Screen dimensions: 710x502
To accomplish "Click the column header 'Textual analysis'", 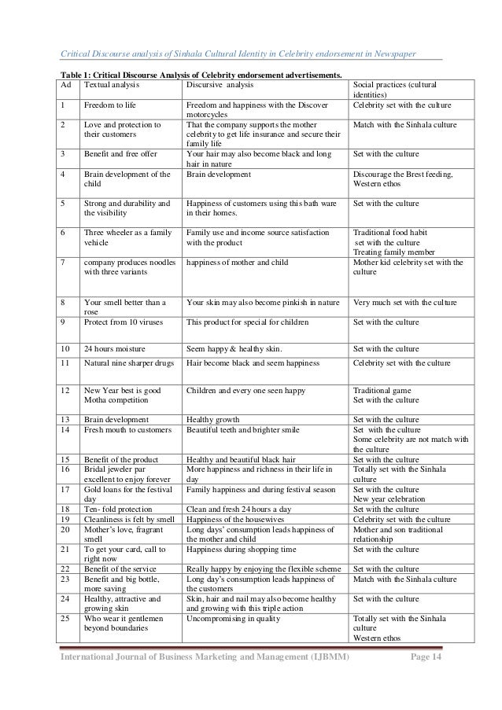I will click(x=111, y=84).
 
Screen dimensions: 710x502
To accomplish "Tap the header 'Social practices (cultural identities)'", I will click(x=396, y=89).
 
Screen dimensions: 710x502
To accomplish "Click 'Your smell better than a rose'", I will click(x=124, y=307).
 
